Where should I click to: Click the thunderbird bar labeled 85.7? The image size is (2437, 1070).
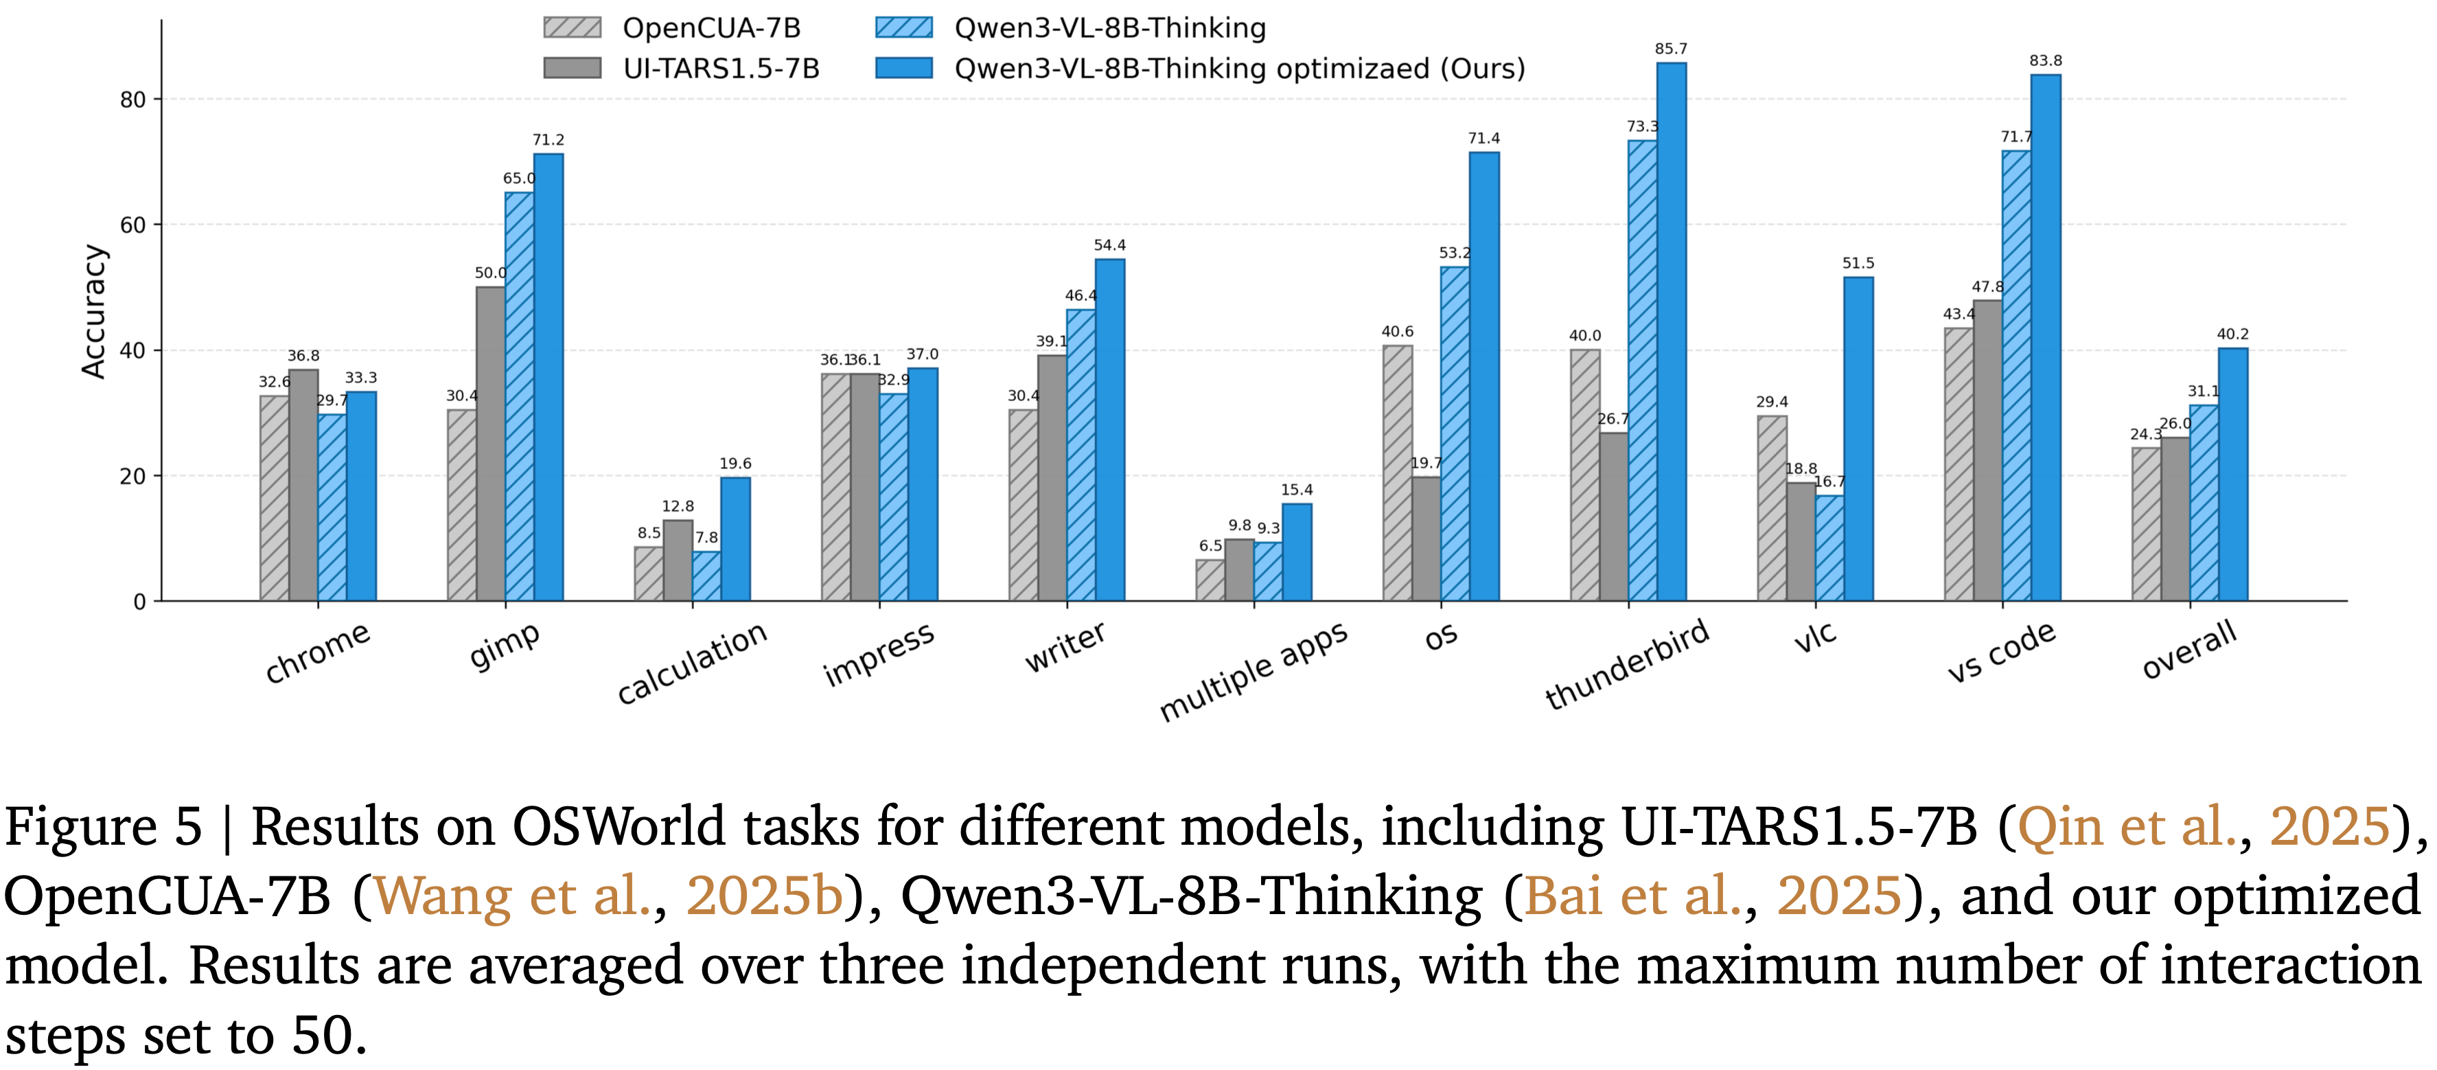click(1671, 331)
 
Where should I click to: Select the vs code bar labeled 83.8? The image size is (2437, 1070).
click(2045, 338)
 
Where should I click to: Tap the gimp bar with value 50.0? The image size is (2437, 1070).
click(490, 444)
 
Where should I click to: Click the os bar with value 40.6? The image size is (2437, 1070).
click(1397, 473)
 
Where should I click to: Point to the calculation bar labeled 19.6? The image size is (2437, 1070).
click(735, 539)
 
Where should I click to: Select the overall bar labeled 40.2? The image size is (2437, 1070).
click(2232, 474)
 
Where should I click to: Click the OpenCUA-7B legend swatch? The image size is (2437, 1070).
click(573, 27)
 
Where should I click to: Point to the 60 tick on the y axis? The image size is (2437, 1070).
click(133, 225)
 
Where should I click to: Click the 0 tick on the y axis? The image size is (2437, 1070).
click(140, 602)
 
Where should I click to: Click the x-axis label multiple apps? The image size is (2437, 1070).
click(1253, 671)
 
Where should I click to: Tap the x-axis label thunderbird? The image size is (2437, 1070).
click(1626, 664)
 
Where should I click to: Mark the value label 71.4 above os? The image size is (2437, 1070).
click(1483, 138)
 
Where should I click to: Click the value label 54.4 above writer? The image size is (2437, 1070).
click(1110, 245)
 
